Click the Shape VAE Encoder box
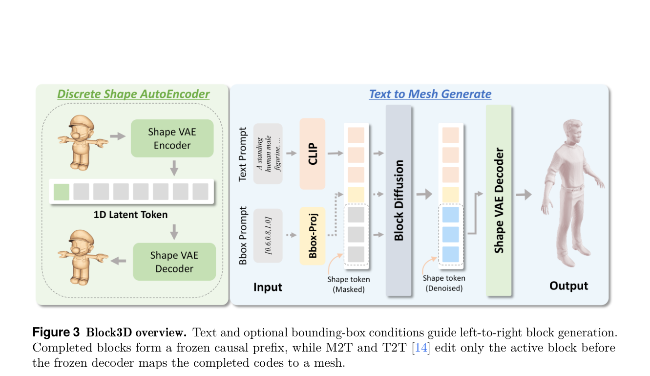tap(172, 138)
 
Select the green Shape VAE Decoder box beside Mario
tap(174, 262)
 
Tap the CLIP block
tap(312, 154)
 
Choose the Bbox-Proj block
tap(312, 236)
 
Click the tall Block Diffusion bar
tap(398, 200)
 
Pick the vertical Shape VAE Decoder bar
tap(499, 200)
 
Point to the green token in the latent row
tap(61, 192)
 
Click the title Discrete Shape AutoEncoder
tap(133, 94)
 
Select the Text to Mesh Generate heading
tap(430, 94)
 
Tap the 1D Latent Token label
tap(130, 215)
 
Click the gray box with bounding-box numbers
tap(268, 236)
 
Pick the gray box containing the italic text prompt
tap(268, 154)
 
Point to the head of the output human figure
tap(572, 131)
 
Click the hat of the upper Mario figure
tap(83, 121)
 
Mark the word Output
tap(569, 286)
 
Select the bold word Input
tap(268, 287)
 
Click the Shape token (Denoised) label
tap(444, 283)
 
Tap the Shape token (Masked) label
tap(349, 285)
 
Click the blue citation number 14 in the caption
tap(421, 348)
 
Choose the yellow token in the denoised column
tap(451, 195)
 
